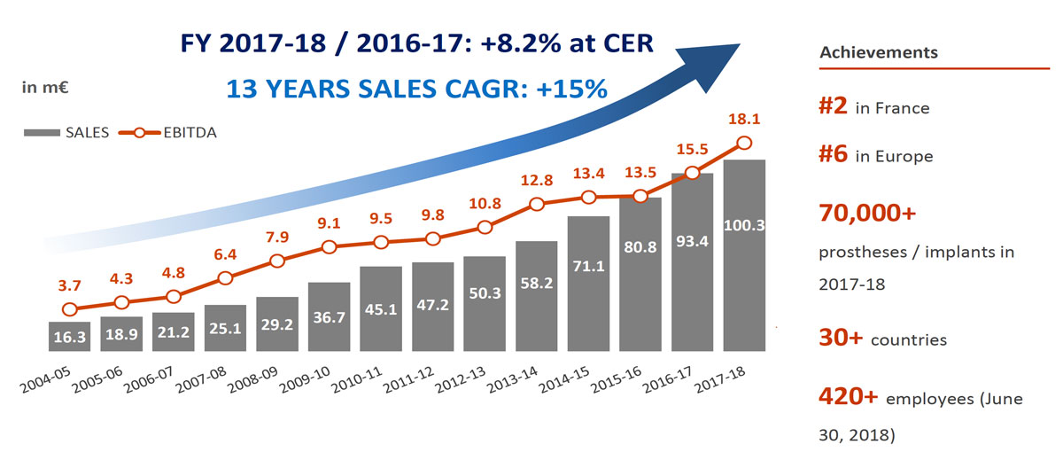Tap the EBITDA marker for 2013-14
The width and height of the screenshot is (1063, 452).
pos(536,205)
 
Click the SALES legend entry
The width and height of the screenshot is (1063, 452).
pos(67,133)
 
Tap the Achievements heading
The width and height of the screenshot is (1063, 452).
pos(879,52)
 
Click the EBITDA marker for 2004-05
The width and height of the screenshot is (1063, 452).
pos(70,308)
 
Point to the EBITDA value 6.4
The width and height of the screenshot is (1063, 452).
pos(224,255)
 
